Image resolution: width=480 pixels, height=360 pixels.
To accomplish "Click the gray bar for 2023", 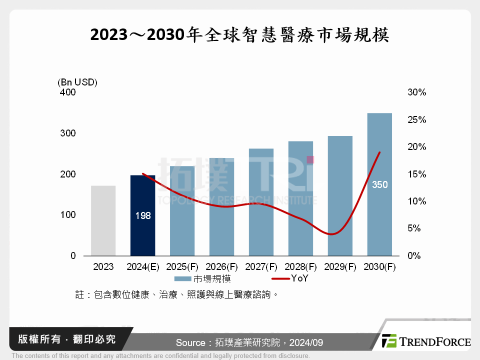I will click(103, 220).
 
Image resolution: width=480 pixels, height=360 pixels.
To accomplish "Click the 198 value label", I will click(142, 216).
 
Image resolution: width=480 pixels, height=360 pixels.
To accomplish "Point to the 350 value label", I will click(379, 185).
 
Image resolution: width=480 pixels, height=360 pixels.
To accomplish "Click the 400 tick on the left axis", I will click(67, 92).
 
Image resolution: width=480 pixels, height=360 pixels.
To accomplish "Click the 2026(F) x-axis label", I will click(221, 267).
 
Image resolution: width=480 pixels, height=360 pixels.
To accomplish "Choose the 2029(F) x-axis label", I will click(340, 267).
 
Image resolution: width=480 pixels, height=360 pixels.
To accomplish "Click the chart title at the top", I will click(239, 35).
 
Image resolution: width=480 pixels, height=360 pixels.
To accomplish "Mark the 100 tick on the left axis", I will click(67, 215).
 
